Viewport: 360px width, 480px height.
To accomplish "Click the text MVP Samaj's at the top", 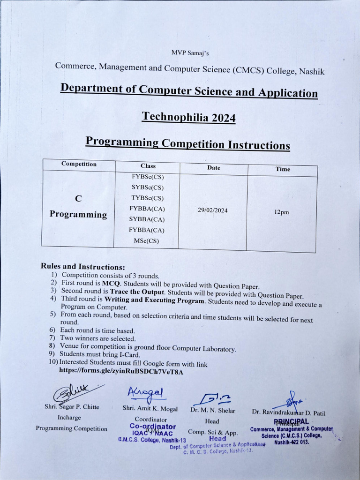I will point(190,53).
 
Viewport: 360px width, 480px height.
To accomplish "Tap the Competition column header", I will point(79,164).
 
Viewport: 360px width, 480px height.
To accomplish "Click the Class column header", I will point(148,166).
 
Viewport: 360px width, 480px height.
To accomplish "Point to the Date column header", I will point(213,168).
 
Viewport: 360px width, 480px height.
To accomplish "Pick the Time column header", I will point(283,169).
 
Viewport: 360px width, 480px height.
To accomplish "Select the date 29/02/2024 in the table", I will point(213,210).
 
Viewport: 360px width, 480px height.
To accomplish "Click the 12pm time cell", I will point(282,212).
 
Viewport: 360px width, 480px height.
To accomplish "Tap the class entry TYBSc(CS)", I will point(148,198).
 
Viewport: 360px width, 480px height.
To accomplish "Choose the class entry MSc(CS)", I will point(146,241).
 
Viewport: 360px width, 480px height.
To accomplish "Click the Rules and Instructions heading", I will point(83,266).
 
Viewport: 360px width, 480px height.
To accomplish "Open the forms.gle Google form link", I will point(121,371).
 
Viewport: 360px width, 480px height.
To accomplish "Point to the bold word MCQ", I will point(112,284).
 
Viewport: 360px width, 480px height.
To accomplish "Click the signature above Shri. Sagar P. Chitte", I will point(75,392).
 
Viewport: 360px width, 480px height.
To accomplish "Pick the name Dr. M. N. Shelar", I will point(213,411).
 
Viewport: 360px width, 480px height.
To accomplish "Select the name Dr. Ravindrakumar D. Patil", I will point(289,412).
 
